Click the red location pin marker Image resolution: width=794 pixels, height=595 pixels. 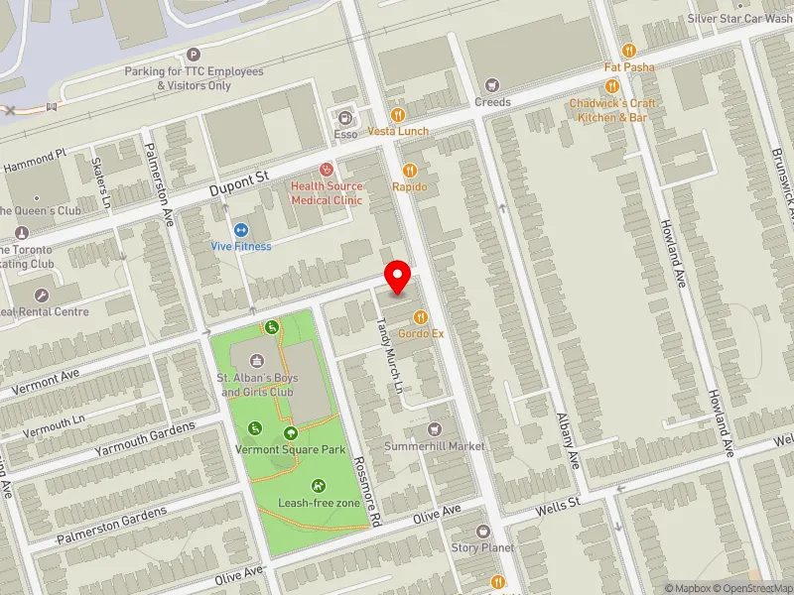click(398, 277)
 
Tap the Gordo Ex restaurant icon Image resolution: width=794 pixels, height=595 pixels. click(421, 317)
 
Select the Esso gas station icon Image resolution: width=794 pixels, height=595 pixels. click(345, 117)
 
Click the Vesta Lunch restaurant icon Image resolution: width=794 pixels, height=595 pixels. click(398, 115)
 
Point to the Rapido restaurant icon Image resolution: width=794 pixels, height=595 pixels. click(409, 170)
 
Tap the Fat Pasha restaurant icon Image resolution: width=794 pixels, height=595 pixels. click(628, 51)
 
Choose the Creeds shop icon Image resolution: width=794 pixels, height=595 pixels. click(492, 85)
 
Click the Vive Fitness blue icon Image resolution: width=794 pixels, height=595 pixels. click(240, 229)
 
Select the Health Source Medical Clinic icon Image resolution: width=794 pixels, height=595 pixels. click(327, 170)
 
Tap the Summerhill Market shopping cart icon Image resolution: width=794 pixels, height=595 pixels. click(434, 429)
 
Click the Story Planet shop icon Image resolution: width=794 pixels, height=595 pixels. click(483, 532)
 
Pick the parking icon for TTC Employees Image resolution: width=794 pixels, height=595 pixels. click(193, 56)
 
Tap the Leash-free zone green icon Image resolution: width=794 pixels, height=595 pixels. click(319, 485)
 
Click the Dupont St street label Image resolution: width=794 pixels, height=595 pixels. click(239, 181)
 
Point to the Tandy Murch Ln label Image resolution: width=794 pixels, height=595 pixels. click(393, 356)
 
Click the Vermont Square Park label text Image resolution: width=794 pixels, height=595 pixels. click(291, 450)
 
